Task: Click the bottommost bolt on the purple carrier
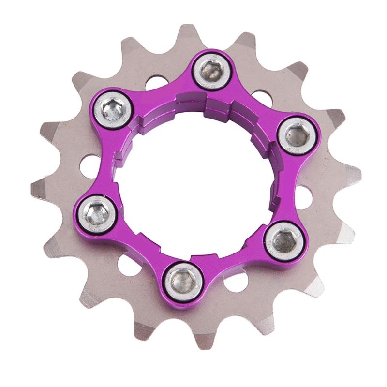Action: tap(180, 279)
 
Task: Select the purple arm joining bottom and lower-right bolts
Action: tap(232, 261)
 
